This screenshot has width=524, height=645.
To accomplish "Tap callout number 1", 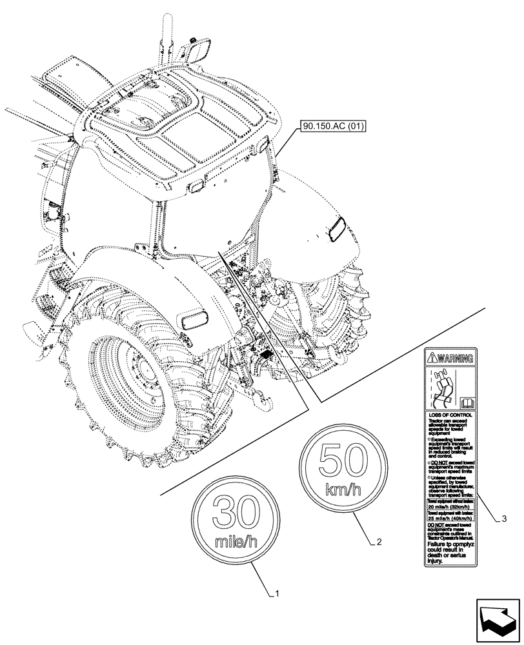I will click(277, 592).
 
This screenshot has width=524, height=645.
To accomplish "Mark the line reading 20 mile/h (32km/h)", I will click(449, 506).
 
